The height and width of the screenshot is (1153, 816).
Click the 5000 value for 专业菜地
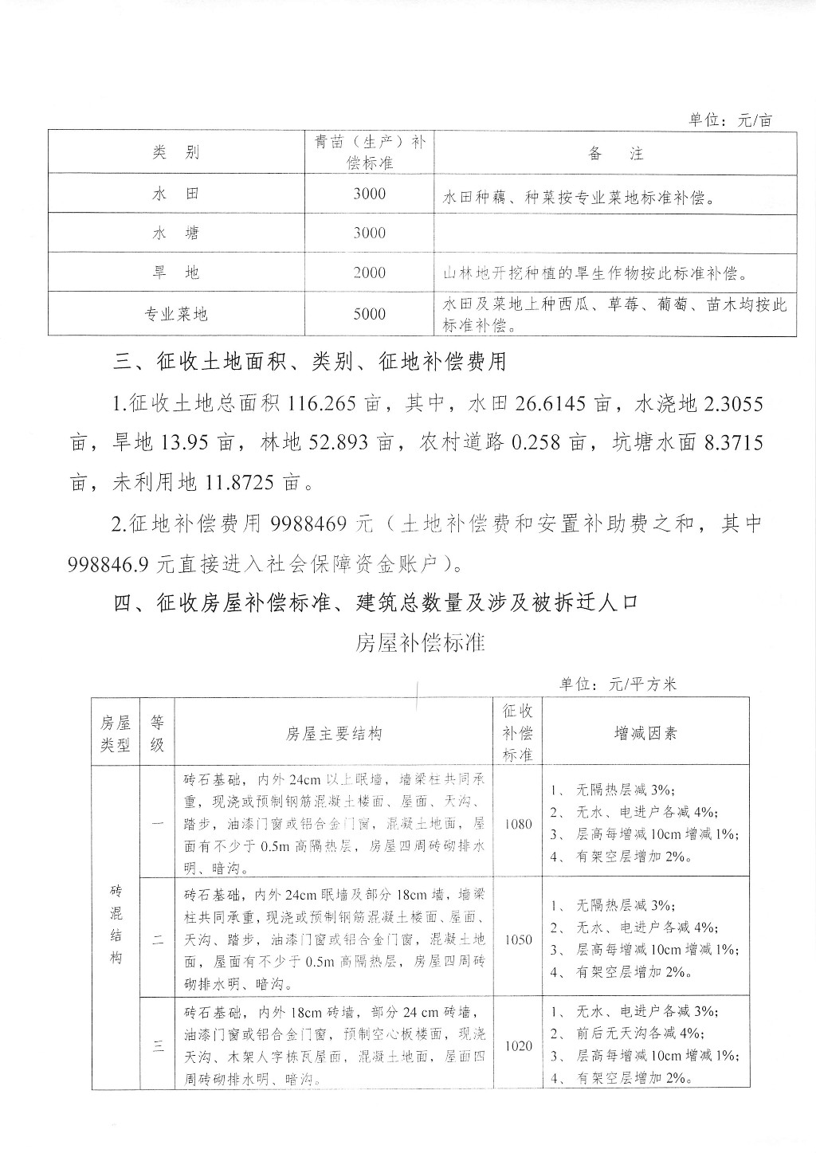[369, 314]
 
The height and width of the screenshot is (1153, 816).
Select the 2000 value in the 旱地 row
[369, 273]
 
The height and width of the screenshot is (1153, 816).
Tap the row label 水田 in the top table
[175, 194]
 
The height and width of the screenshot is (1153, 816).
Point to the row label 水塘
[175, 233]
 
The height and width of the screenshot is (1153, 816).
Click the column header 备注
[615, 153]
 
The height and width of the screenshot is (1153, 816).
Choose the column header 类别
[175, 153]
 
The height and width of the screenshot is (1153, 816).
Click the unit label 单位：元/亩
[730, 120]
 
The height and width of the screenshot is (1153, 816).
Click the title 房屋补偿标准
[420, 642]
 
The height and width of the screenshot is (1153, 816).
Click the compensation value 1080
[518, 824]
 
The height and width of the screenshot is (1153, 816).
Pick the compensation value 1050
[518, 939]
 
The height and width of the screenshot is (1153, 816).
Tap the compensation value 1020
[518, 1045]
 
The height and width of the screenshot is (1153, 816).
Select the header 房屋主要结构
[334, 733]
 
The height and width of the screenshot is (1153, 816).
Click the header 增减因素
[645, 733]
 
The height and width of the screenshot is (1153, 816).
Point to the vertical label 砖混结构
[116, 924]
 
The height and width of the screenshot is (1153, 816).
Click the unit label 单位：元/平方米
[617, 684]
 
